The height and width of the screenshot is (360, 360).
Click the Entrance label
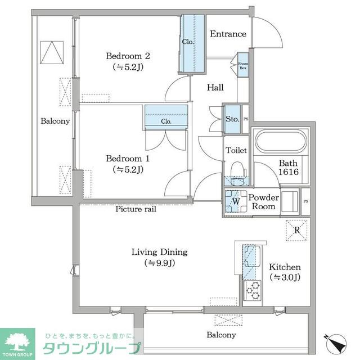point(228,34)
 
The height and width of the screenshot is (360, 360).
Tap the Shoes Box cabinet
point(243,67)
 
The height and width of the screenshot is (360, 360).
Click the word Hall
point(215,88)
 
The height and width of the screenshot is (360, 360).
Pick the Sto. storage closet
point(232,119)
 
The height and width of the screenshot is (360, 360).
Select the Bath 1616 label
point(287,168)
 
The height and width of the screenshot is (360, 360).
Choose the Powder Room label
point(264,202)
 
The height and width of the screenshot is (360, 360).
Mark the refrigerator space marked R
point(296,229)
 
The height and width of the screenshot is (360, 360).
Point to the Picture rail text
point(135,209)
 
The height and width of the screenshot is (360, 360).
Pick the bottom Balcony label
point(220,335)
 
